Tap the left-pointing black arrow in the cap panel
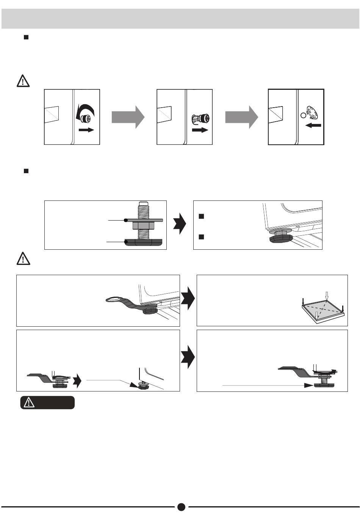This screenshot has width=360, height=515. (313, 125)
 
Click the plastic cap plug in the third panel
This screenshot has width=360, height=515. (313, 113)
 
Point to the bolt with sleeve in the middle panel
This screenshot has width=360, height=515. (201, 119)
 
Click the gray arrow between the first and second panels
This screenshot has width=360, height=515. (128, 117)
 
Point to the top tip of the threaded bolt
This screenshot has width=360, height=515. (143, 203)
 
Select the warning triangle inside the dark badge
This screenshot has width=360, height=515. (29, 403)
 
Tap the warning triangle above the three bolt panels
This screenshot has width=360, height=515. (23, 81)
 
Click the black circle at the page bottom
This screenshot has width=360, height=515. (181, 507)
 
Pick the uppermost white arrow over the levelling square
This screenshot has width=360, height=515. (327, 294)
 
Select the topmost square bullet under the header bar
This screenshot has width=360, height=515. (26, 37)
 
